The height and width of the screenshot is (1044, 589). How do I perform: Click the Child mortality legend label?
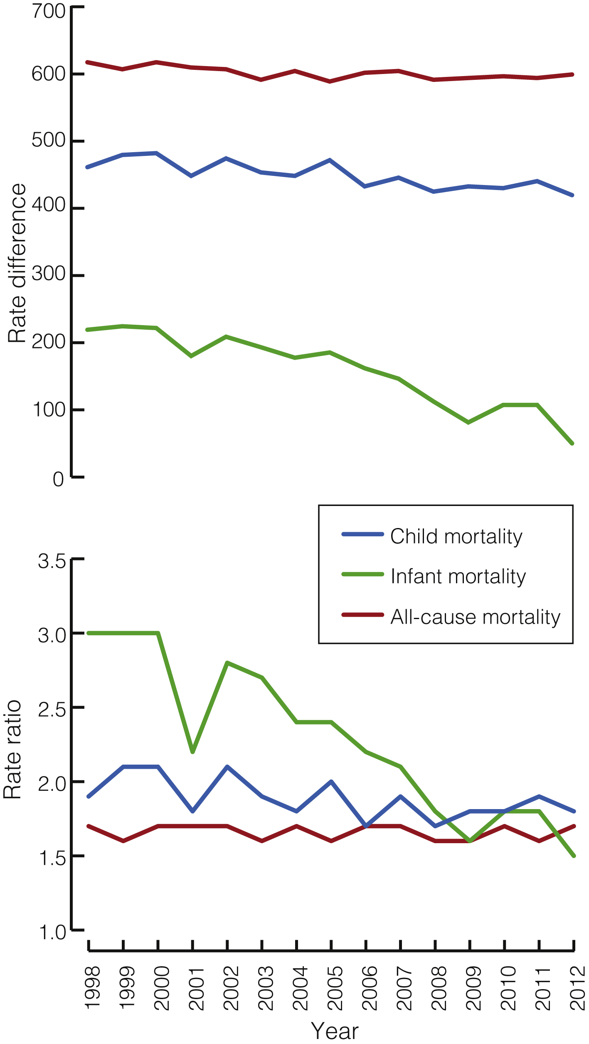click(x=456, y=537)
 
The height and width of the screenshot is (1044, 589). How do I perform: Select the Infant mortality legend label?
click(x=458, y=577)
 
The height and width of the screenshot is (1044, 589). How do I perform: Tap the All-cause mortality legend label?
click(x=475, y=617)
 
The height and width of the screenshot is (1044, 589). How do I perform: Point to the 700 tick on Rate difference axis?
click(x=48, y=12)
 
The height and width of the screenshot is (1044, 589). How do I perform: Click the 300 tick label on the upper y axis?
click(x=48, y=274)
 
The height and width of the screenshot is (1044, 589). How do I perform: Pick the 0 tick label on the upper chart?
click(x=58, y=479)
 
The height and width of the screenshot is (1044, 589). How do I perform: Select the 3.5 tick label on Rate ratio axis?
click(x=52, y=561)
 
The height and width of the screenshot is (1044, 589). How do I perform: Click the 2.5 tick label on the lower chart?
click(x=52, y=710)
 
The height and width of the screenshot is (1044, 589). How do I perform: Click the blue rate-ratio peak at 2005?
click(x=331, y=782)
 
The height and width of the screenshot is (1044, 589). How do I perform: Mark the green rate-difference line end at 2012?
click(x=572, y=444)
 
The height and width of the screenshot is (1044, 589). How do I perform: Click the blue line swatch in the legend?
click(x=362, y=534)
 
